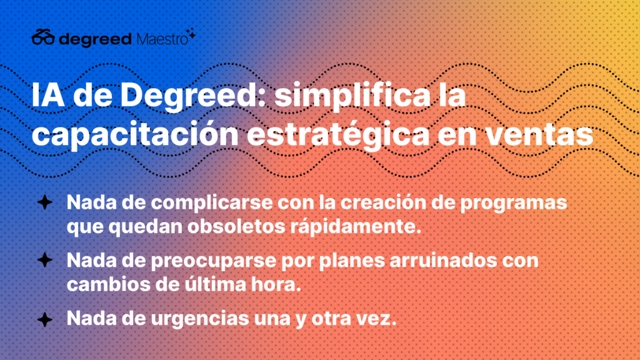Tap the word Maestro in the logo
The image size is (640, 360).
(x=162, y=39)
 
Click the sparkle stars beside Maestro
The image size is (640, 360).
(x=191, y=34)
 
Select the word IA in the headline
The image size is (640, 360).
(x=48, y=95)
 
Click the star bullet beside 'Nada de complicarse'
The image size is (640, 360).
(x=45, y=202)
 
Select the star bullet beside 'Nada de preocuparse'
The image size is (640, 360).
(x=45, y=260)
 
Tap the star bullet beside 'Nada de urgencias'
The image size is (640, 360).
(x=45, y=319)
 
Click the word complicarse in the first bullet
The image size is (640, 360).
(x=212, y=203)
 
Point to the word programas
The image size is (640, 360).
(x=514, y=204)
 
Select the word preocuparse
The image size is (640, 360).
(x=214, y=261)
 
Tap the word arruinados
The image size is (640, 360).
(x=444, y=261)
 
